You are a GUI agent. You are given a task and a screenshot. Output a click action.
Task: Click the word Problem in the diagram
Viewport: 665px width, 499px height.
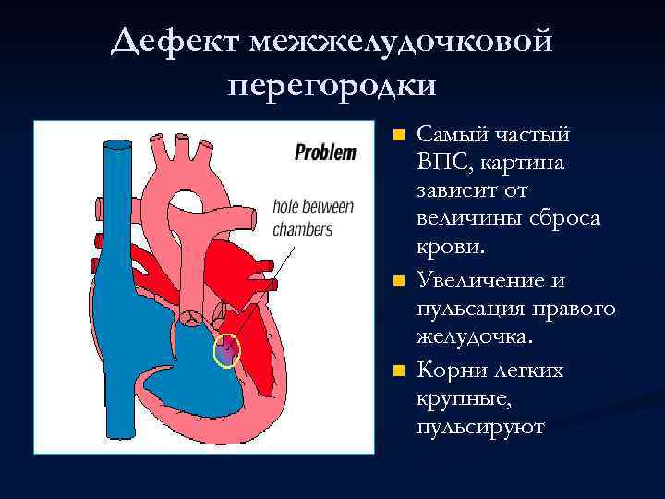[324, 153]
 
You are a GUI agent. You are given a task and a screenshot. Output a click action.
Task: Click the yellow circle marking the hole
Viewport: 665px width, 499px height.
[226, 350]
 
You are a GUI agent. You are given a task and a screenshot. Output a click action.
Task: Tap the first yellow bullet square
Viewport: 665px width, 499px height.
[397, 135]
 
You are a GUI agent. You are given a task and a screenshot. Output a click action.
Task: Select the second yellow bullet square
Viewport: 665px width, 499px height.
[397, 280]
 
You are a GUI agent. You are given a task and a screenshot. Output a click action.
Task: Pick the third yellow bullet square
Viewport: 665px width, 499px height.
[397, 371]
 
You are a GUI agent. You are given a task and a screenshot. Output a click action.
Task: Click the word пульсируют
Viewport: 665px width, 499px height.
[480, 428]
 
